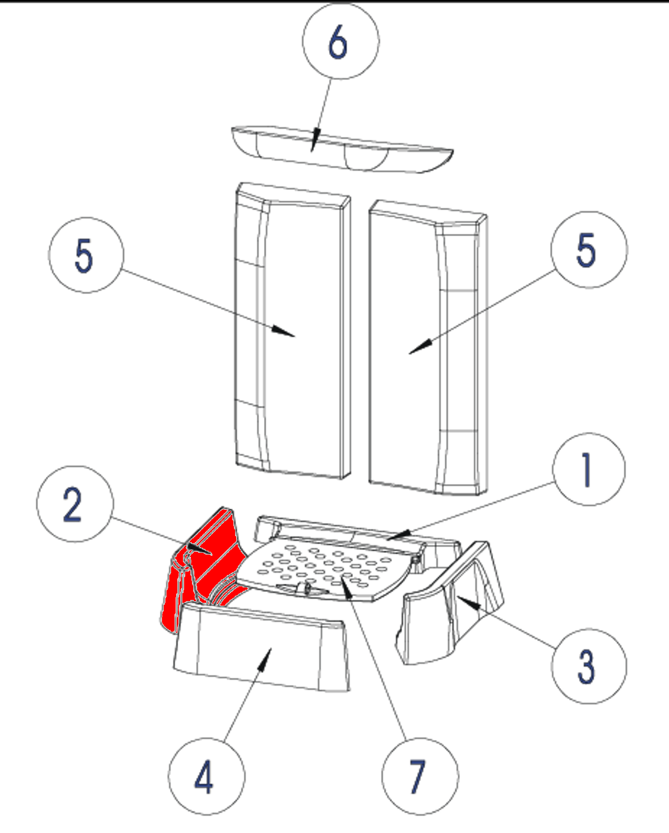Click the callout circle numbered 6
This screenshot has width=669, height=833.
(x=340, y=41)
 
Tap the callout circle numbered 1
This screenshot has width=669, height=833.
(x=589, y=469)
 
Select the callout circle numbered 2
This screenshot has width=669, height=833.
(x=75, y=504)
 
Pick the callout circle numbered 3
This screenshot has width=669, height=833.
(x=589, y=666)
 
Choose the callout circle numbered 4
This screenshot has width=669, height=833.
(x=206, y=776)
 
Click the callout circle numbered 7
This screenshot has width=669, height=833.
(x=420, y=776)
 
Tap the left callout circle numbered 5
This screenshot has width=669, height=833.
(x=86, y=255)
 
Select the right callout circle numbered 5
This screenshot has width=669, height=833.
(x=589, y=250)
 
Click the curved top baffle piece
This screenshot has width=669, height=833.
(x=340, y=149)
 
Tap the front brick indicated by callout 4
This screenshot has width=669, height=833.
(x=261, y=652)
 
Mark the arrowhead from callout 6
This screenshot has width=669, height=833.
(x=315, y=142)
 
